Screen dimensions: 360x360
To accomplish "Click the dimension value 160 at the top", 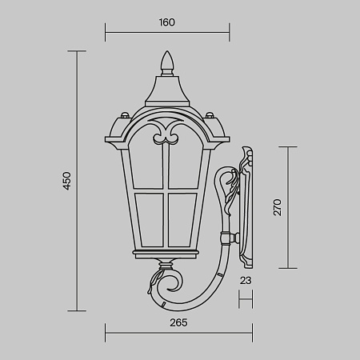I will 167,22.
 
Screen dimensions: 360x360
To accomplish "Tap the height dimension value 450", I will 67,181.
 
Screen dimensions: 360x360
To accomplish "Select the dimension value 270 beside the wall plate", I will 278,208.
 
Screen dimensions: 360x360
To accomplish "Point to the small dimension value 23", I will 246,280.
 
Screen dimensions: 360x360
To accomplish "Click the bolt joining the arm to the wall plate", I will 234,237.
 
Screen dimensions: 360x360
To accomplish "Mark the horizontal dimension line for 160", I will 167,34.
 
